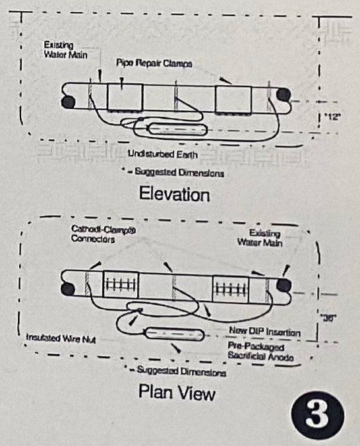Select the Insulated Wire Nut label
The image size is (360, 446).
tap(50, 337)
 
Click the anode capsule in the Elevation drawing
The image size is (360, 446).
tap(175, 127)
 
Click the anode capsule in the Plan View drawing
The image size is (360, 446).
tap(173, 334)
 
